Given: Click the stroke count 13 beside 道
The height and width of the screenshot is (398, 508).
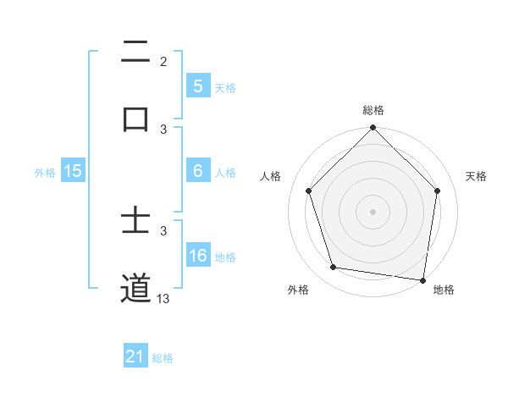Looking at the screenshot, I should point(163,298).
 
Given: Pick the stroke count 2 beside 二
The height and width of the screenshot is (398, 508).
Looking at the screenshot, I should point(163,61).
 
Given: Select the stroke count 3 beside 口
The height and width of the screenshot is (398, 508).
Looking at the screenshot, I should point(163,129).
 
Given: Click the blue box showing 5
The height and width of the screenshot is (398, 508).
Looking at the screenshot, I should point(197,86).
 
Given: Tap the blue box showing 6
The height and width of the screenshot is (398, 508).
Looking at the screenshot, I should point(197,170).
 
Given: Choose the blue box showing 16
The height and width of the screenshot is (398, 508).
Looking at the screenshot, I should point(197,255).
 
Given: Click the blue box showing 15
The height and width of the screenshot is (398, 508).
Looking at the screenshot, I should point(73,170).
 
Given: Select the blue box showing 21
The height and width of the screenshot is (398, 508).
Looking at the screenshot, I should point(135,357).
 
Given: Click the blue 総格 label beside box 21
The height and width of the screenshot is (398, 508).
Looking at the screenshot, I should point(163,358).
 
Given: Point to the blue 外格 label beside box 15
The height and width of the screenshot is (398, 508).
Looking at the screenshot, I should point(45,172).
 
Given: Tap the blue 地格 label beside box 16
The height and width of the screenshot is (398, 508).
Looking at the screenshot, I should point(225,257).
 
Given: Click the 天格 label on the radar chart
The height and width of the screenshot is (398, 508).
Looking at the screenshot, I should point(477,176).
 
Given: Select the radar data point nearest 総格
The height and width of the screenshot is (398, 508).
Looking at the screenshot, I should point(373,129).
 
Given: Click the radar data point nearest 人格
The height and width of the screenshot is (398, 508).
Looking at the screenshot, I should point(309,191).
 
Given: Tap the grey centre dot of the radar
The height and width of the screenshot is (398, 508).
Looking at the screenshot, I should point(373,211).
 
